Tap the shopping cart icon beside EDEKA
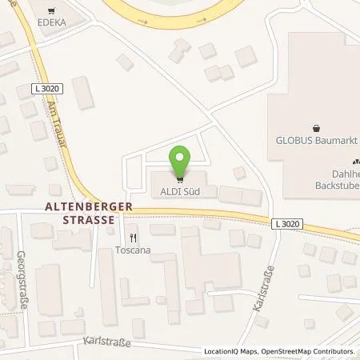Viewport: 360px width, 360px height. pyautogui.click(x=52, y=13)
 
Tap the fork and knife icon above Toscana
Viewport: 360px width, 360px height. pyautogui.click(x=134, y=238)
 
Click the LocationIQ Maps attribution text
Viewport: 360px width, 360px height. pyautogui.click(x=230, y=351)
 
